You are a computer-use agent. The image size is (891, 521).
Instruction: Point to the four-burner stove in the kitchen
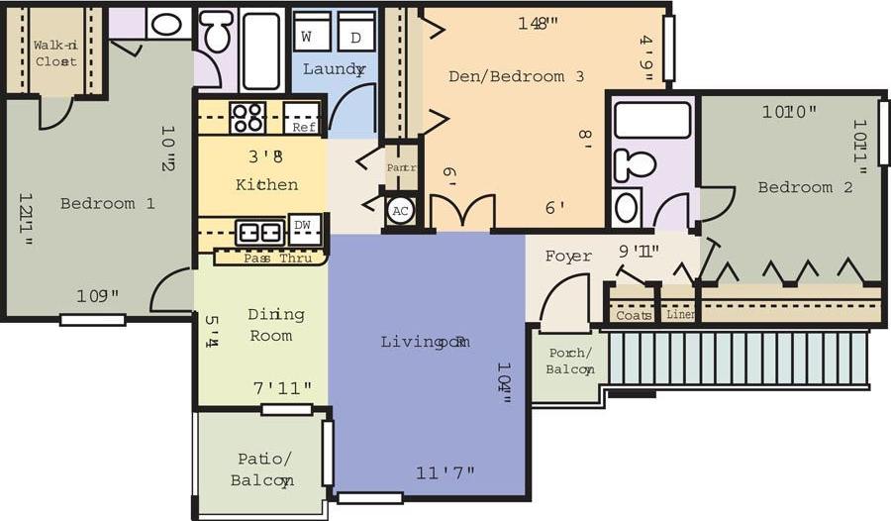[x=247, y=117]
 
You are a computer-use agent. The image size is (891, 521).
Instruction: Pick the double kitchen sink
[x=259, y=233]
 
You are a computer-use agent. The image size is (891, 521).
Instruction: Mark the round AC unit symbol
[x=400, y=211]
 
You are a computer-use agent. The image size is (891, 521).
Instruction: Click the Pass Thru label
[x=277, y=259]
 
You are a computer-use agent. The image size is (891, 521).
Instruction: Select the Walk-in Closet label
[x=55, y=53]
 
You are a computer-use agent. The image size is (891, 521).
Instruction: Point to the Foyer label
[x=568, y=257]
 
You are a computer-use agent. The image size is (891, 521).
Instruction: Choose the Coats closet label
[x=633, y=315]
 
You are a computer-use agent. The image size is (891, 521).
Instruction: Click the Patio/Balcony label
[x=262, y=469]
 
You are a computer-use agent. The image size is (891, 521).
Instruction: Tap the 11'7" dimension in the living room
[x=445, y=472]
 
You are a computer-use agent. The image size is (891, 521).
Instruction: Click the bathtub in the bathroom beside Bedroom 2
[x=651, y=120]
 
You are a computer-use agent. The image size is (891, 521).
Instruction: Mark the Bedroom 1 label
[x=107, y=203]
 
